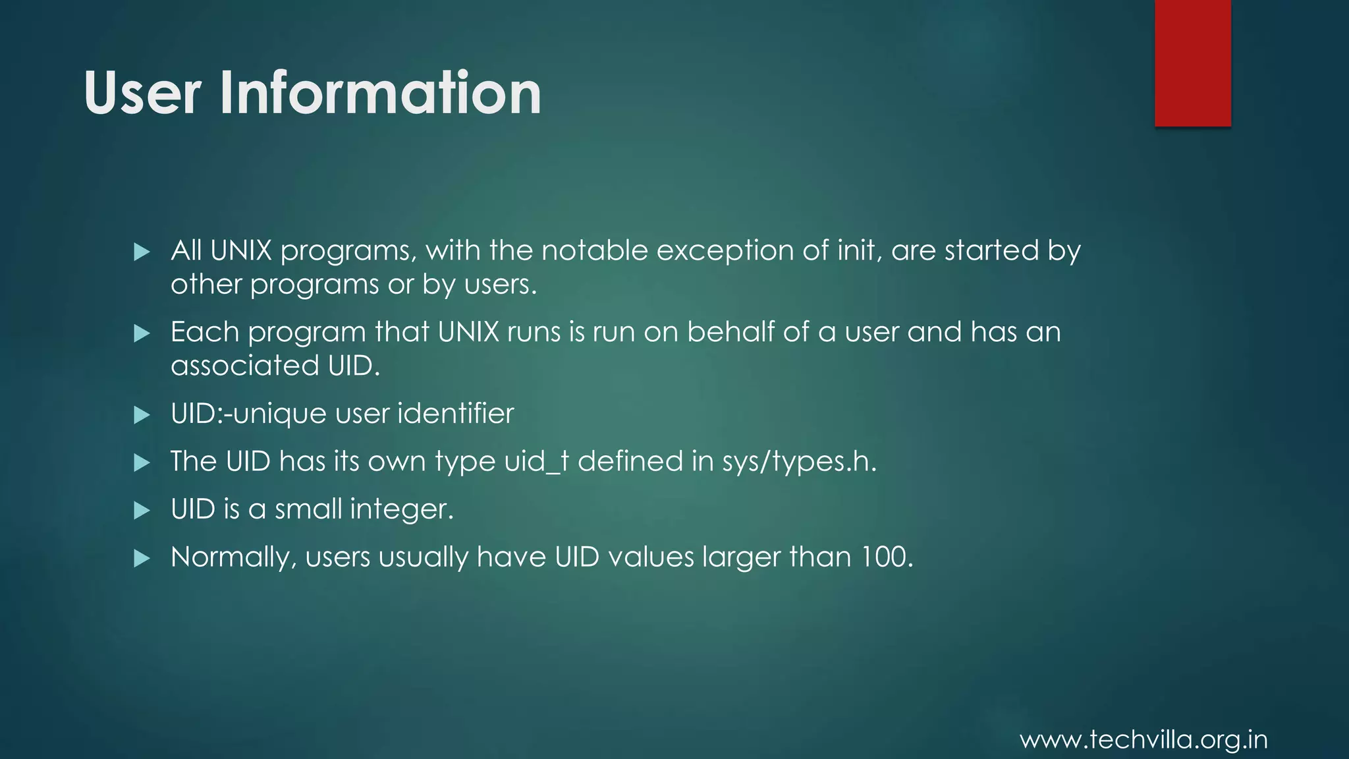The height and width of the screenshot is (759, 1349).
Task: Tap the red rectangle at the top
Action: click(1192, 63)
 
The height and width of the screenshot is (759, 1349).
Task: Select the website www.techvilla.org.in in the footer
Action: click(1143, 740)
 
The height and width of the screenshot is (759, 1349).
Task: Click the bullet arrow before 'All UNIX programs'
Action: click(142, 252)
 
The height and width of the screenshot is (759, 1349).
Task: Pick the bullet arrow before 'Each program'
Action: click(142, 333)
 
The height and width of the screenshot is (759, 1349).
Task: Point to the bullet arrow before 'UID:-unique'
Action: click(142, 415)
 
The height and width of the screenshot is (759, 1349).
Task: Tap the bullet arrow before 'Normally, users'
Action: click(142, 559)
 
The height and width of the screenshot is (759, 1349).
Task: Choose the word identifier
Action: click(455, 414)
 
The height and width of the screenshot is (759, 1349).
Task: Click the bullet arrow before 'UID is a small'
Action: click(142, 511)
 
